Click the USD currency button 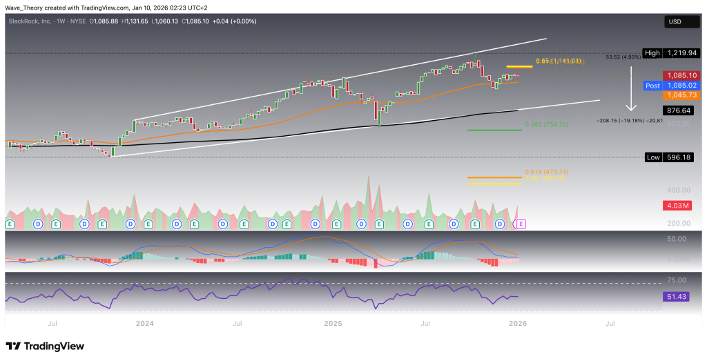[674, 22]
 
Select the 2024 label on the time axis [144, 323]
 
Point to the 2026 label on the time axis [517, 323]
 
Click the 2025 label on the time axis [333, 323]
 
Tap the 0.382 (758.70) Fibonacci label [488, 124]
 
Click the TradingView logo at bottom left [45, 346]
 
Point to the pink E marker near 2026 [521, 224]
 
